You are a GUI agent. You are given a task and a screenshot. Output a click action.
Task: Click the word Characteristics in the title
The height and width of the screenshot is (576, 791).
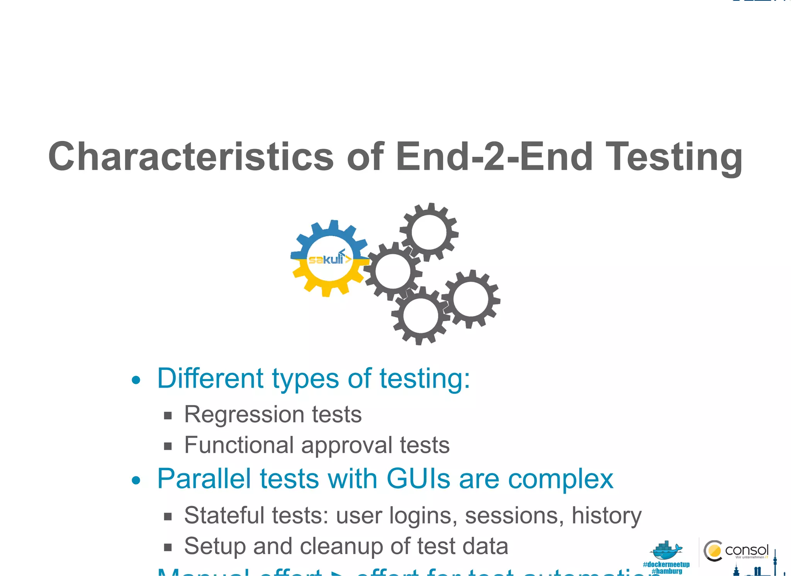click(191, 156)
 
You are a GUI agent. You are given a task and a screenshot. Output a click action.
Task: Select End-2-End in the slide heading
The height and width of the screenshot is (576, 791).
click(494, 156)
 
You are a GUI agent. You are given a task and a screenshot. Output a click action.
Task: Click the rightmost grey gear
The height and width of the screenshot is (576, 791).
click(470, 299)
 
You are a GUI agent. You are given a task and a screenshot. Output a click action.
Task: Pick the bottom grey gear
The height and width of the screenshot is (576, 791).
click(420, 315)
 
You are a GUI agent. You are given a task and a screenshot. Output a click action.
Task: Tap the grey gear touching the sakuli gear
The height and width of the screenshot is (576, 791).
click(392, 271)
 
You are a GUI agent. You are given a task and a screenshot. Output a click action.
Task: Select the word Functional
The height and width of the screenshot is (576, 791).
click(239, 445)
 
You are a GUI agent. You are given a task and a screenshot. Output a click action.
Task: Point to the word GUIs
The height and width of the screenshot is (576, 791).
click(418, 479)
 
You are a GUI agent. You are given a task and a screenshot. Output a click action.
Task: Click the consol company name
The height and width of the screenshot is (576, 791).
click(746, 550)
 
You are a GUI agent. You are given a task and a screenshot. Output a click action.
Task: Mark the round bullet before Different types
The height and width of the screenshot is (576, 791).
click(136, 380)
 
